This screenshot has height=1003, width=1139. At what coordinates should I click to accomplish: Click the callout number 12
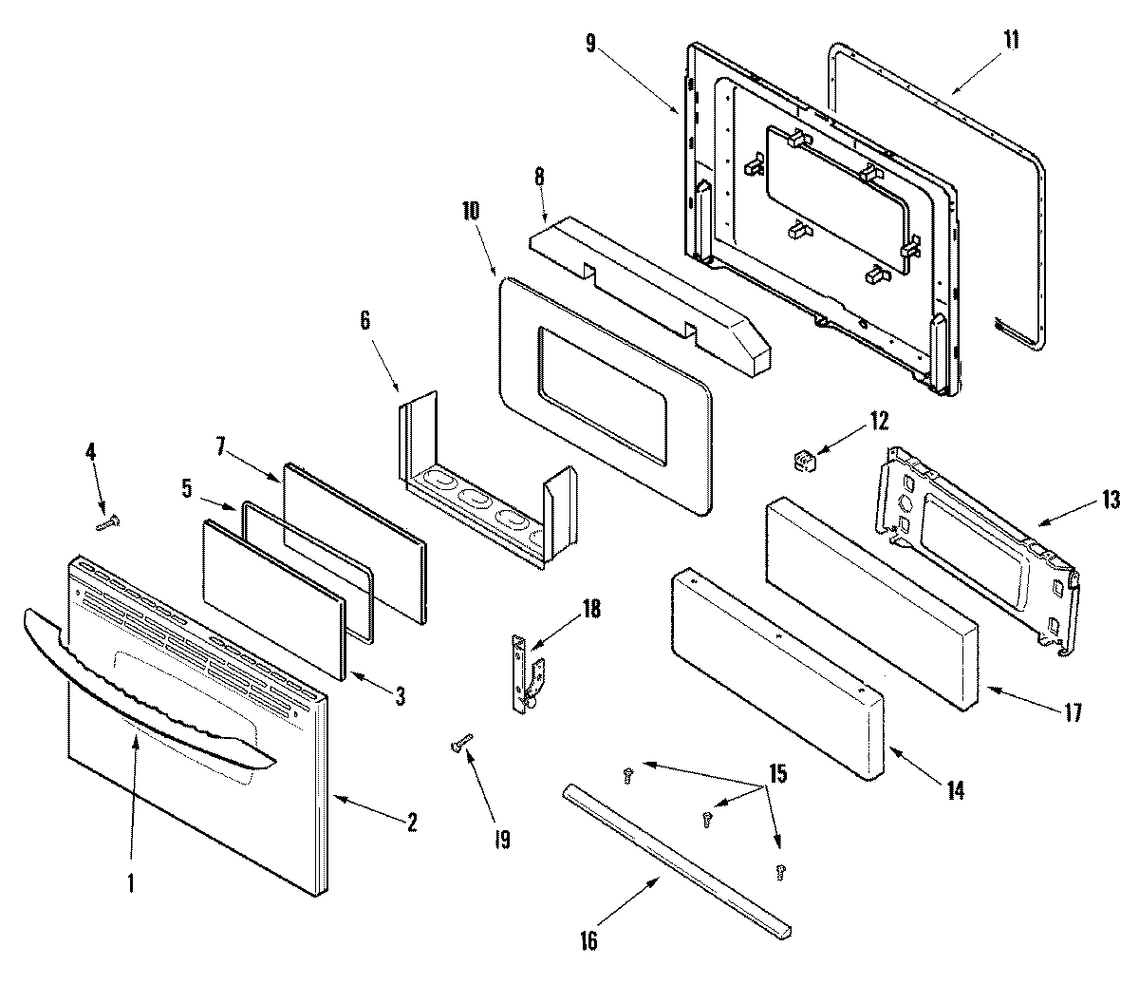879,419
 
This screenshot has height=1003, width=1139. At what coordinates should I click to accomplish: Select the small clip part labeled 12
806,462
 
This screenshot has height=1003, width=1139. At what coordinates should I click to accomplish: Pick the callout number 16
589,940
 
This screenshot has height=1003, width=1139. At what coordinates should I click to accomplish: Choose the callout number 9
591,45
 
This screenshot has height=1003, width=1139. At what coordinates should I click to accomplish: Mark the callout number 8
540,178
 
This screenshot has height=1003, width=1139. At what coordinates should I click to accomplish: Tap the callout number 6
364,321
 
